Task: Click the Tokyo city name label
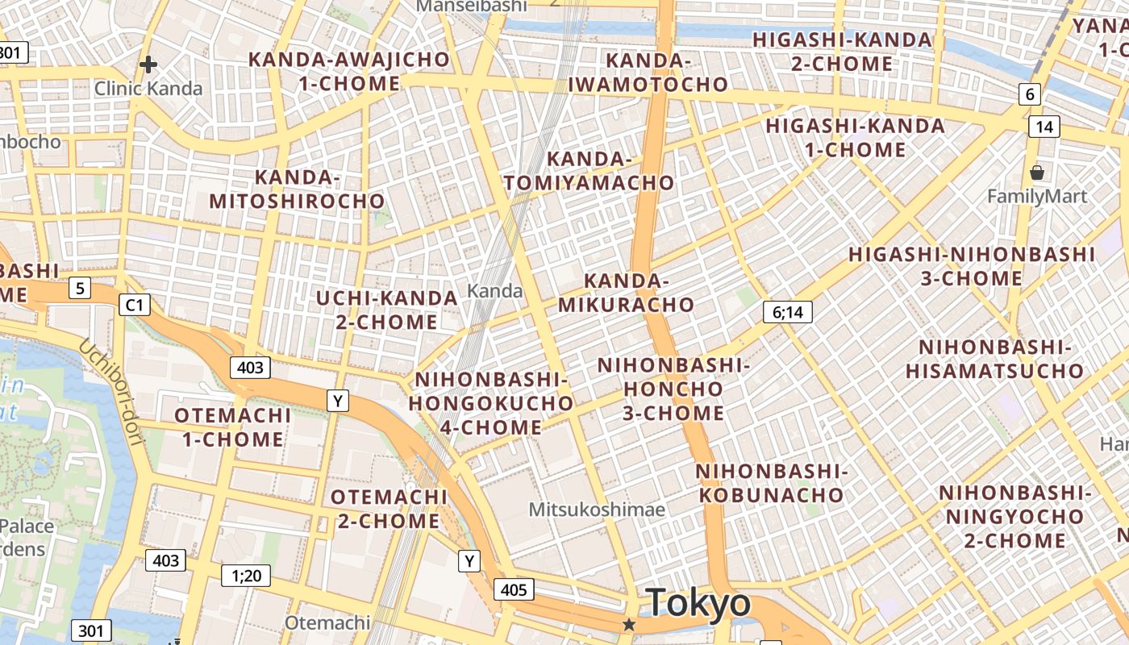[x=698, y=603]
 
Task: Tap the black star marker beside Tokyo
[x=629, y=625]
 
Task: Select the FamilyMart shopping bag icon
[x=1037, y=172]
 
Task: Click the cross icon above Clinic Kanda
[x=148, y=64]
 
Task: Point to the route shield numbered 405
[x=513, y=589]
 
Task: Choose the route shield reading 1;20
[x=246, y=575]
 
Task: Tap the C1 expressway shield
[x=134, y=305]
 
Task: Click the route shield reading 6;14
[x=787, y=312]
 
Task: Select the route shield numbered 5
[x=79, y=288]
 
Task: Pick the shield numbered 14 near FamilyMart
[x=1044, y=127]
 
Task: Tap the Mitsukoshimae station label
[x=597, y=510]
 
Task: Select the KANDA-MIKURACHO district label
[x=626, y=293]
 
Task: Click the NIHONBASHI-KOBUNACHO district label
[x=771, y=483]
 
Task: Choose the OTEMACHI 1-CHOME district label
[x=232, y=427]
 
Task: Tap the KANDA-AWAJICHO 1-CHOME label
[x=348, y=71]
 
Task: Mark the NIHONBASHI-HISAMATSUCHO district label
[x=994, y=359]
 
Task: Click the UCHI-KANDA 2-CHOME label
[x=386, y=310]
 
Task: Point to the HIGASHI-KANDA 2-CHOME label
[x=842, y=51]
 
